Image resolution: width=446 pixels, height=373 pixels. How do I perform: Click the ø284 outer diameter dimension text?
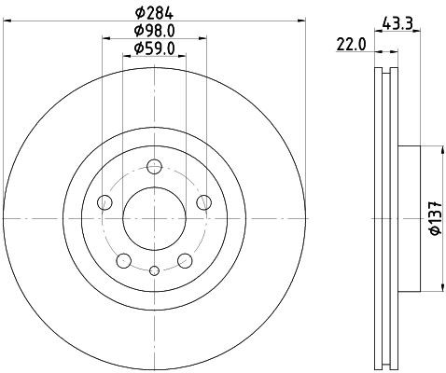click(155, 14)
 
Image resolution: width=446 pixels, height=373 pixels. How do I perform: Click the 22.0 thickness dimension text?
click(350, 43)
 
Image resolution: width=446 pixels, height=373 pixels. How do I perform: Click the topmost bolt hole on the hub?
click(155, 167)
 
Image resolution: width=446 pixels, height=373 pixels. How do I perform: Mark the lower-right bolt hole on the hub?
click(185, 260)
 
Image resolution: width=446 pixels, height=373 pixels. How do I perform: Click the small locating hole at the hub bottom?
click(155, 270)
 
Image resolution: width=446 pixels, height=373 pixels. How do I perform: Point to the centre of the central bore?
click(155, 217)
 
